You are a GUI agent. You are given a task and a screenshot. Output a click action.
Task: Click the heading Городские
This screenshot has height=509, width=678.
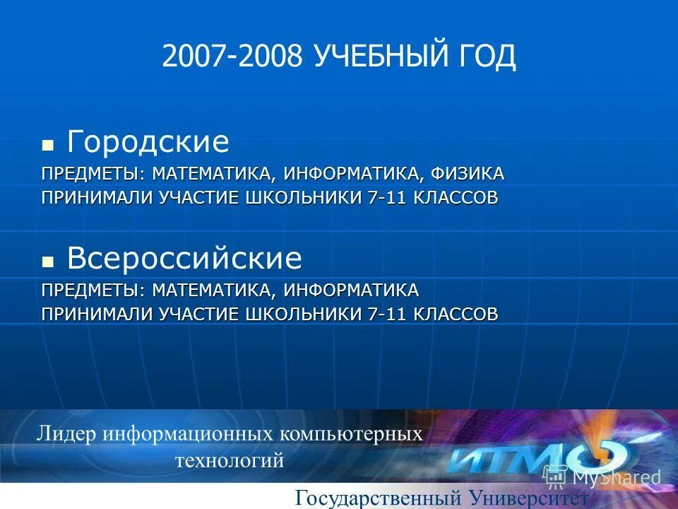(148, 143)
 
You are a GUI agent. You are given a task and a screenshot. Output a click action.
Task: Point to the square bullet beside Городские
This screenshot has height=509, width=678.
(48, 146)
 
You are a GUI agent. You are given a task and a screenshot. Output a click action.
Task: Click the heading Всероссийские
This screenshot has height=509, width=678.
(184, 259)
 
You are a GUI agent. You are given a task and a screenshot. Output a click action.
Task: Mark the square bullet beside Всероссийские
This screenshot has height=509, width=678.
(48, 262)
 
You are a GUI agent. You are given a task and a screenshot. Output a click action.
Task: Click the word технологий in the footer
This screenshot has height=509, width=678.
(230, 461)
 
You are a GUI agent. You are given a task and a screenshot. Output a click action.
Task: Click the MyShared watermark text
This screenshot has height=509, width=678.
(614, 477)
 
